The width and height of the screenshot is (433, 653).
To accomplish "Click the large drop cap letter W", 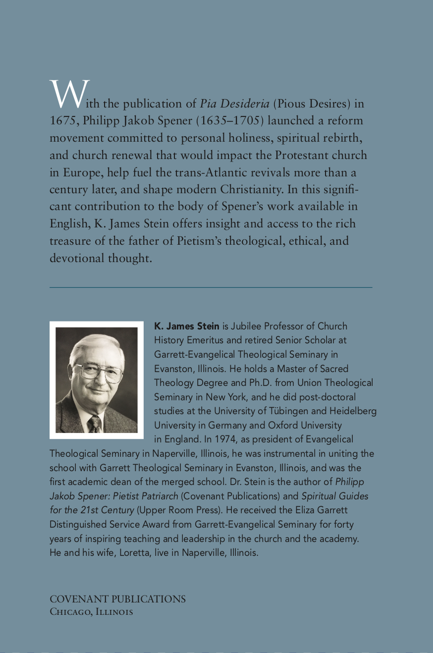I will point(69,94).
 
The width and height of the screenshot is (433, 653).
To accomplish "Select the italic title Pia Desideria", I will point(234,104).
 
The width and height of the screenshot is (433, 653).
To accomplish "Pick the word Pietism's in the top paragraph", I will point(195,241).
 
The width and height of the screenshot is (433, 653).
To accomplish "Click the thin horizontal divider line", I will point(211,287).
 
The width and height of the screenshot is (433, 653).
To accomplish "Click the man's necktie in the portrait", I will point(94,424).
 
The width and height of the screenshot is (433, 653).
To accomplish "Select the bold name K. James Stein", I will point(187,326).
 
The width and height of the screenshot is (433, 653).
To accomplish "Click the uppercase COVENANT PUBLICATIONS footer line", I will point(117,599).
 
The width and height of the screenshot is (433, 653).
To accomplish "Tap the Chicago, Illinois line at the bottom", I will point(91,612).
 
